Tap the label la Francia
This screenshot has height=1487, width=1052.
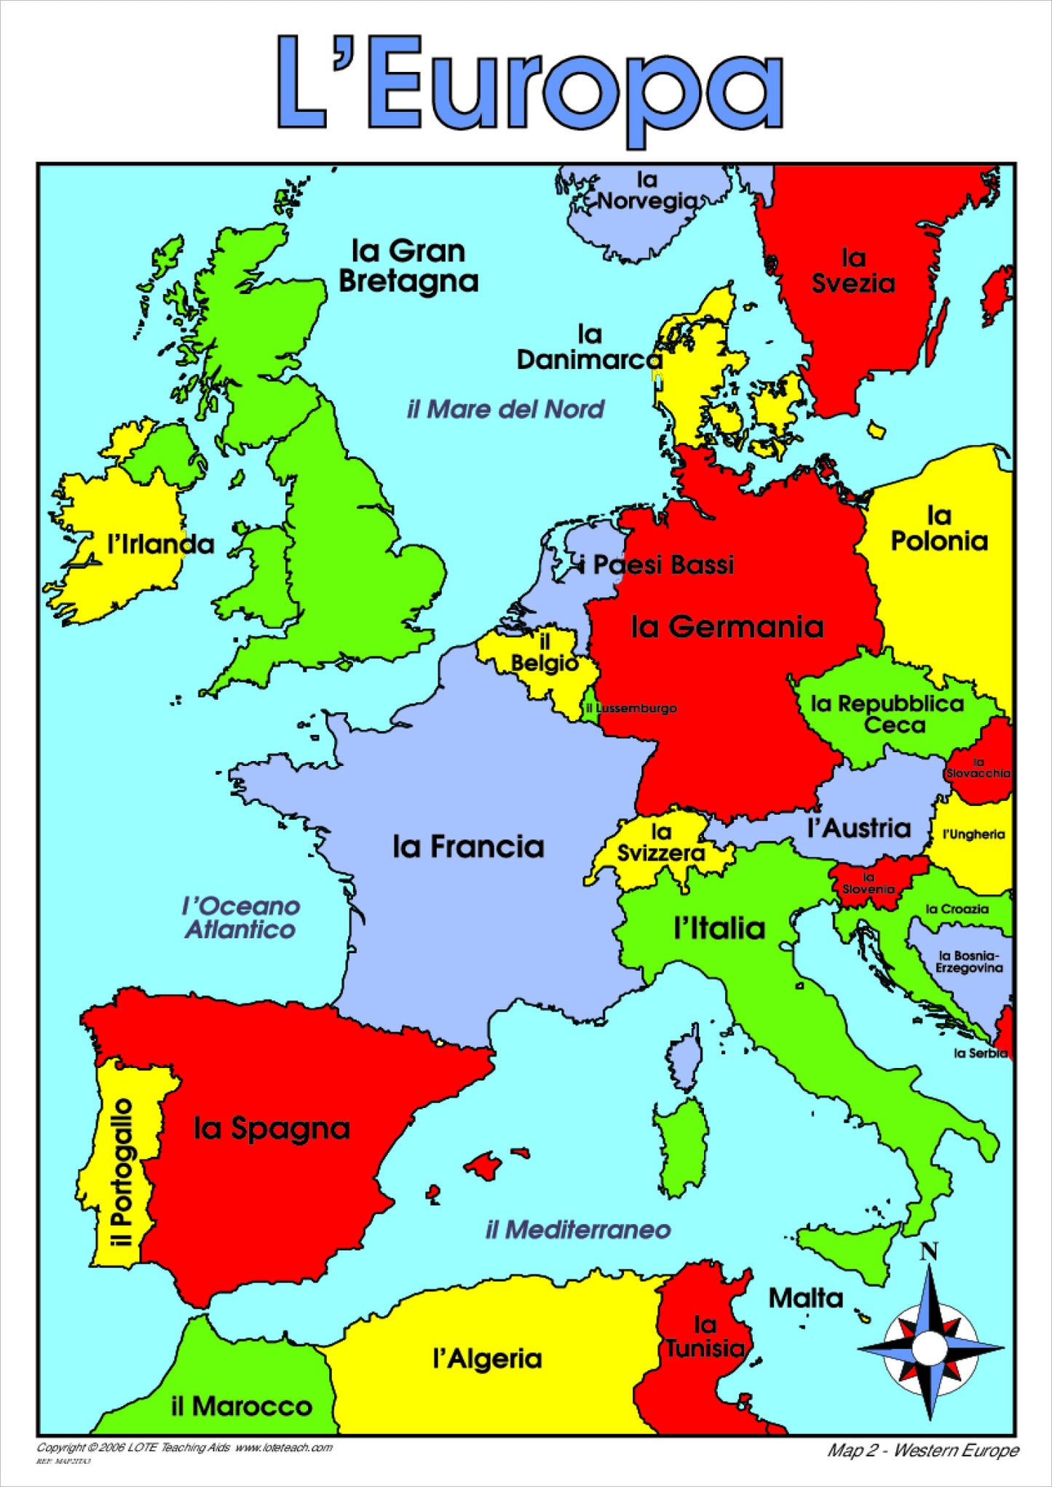(468, 846)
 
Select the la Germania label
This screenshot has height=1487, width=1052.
(727, 626)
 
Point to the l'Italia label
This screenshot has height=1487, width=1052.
(719, 928)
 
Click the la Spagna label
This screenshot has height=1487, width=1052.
(272, 1128)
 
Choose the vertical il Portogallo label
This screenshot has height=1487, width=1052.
(122, 1171)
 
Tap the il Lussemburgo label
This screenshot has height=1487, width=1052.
(631, 708)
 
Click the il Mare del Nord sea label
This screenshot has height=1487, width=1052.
(505, 409)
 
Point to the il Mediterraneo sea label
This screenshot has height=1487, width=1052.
(578, 1229)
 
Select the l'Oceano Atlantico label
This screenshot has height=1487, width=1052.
(240, 917)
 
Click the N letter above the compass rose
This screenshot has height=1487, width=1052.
(928, 1252)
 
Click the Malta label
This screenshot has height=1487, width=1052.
(805, 1298)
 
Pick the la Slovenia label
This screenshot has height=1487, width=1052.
(868, 883)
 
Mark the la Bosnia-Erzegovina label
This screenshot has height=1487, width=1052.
(969, 961)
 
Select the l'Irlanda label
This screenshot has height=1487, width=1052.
(160, 544)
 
